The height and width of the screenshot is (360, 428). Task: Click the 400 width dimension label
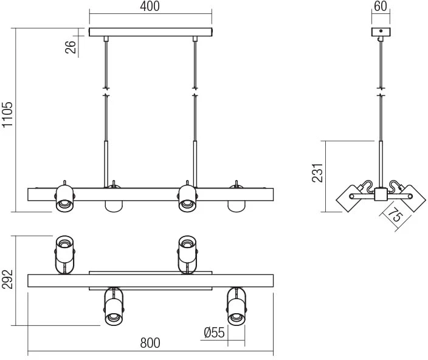pyautogui.click(x=150, y=6)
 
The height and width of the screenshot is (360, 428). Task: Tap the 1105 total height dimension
pyautogui.click(x=7, y=115)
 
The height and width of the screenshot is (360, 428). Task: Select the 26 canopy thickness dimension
pyautogui.click(x=71, y=47)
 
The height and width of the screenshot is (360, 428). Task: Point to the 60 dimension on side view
pyautogui.click(x=381, y=6)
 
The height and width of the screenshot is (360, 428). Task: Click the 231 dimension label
pyautogui.click(x=317, y=173)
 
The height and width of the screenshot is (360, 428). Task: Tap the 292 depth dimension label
pyautogui.click(x=7, y=279)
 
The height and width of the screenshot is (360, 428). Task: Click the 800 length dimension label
pyautogui.click(x=150, y=343)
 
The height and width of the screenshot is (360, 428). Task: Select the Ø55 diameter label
pyautogui.click(x=214, y=333)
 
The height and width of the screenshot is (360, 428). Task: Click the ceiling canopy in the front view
pyautogui.click(x=150, y=32)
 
